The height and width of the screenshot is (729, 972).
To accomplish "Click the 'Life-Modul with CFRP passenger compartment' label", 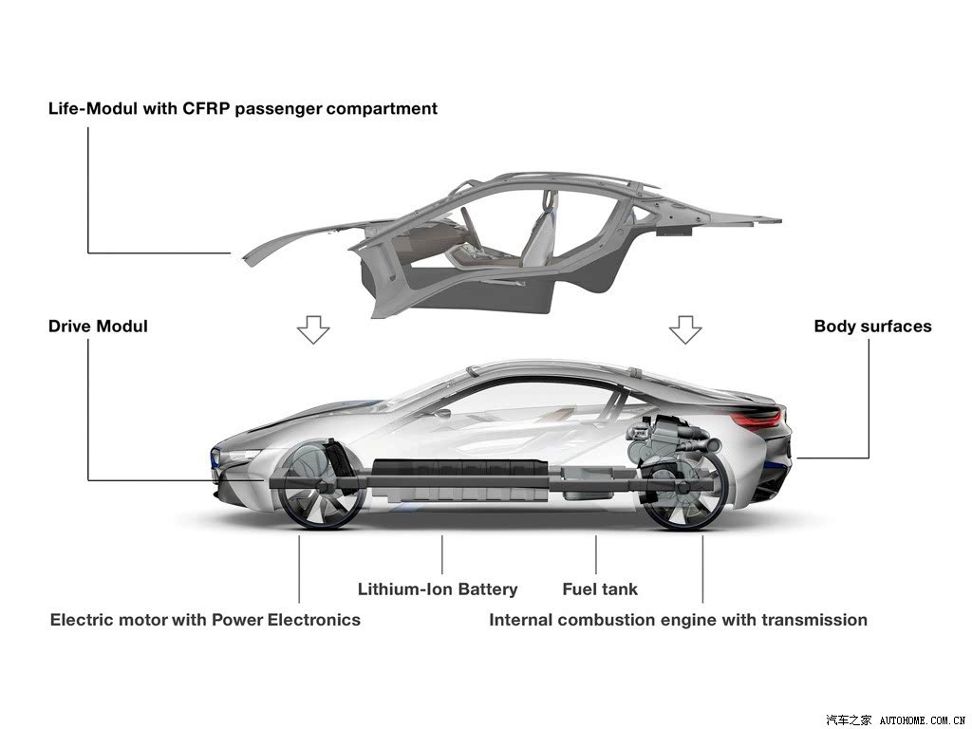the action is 243,108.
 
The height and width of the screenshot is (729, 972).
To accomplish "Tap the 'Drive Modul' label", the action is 98,327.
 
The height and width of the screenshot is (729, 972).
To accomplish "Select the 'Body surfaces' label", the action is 873,327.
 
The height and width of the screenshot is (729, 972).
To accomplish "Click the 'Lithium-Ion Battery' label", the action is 438,589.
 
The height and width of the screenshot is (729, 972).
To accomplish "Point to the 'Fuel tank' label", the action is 600,589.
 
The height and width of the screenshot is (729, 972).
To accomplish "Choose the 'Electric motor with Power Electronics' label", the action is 205,620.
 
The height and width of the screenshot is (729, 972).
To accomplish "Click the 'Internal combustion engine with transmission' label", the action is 678,620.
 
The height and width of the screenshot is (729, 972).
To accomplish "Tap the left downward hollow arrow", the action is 313,329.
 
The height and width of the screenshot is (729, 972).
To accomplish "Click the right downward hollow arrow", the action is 685,329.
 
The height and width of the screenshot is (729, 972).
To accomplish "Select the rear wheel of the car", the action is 684,489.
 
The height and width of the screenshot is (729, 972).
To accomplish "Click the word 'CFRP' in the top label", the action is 206,108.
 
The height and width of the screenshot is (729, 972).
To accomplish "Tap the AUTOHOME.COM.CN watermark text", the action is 923,720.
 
